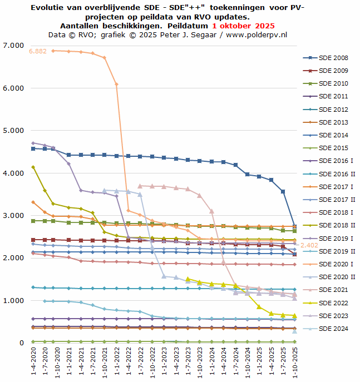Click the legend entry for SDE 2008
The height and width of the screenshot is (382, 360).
click(333, 58)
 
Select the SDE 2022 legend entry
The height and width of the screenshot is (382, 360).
click(333, 303)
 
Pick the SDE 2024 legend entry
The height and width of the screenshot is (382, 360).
click(333, 329)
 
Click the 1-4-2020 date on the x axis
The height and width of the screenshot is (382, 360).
click(33, 361)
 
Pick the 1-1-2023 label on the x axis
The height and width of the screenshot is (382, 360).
click(164, 361)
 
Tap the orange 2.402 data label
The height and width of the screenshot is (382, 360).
click(309, 245)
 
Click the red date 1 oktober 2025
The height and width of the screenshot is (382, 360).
click(243, 26)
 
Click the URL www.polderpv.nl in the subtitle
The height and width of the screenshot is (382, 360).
click(256, 34)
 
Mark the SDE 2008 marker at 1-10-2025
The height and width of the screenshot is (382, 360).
click(295, 227)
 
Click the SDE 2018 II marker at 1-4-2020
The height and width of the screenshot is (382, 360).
click(33, 167)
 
